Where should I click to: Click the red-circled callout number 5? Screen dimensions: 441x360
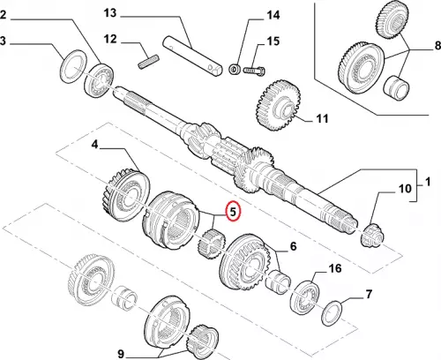pyautogui.click(x=233, y=212)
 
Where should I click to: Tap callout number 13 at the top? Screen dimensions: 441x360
pyautogui.click(x=110, y=13)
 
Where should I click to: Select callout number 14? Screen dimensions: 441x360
pyautogui.click(x=273, y=15)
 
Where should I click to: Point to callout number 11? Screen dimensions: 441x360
pyautogui.click(x=322, y=118)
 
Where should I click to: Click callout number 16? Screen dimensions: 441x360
pyautogui.click(x=335, y=268)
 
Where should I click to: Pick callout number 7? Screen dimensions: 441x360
pyautogui.click(x=369, y=294)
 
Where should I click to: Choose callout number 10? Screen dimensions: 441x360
pyautogui.click(x=405, y=188)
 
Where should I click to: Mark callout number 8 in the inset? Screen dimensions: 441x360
pyautogui.click(x=437, y=46)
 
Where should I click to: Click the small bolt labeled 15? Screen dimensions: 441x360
pyautogui.click(x=254, y=71)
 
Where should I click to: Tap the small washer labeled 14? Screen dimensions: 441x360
pyautogui.click(x=235, y=70)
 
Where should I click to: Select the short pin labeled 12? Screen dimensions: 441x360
pyautogui.click(x=148, y=63)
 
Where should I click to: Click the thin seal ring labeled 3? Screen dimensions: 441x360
pyautogui.click(x=73, y=65)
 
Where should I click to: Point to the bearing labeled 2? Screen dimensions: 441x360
pyautogui.click(x=100, y=80)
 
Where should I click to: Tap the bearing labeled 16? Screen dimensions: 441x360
pyautogui.click(x=304, y=297)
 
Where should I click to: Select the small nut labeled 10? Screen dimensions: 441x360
pyautogui.click(x=372, y=236)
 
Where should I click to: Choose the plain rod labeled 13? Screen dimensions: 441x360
pyautogui.click(x=191, y=56)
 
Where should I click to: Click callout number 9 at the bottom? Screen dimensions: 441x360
pyautogui.click(x=121, y=354)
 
